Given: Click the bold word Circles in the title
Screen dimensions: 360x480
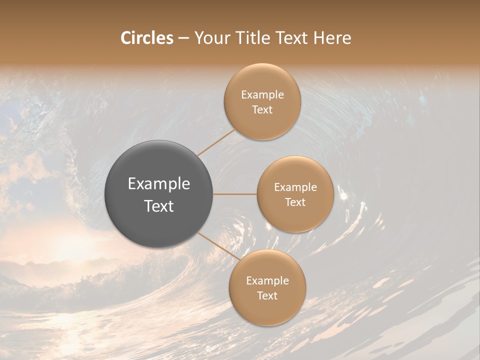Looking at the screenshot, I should pyautogui.click(x=147, y=38).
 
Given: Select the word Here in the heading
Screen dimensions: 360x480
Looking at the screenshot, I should pyautogui.click(x=332, y=38).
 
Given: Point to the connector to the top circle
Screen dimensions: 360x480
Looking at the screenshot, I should pyautogui.click(x=216, y=142).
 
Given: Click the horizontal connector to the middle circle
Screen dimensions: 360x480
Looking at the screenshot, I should pyautogui.click(x=235, y=194).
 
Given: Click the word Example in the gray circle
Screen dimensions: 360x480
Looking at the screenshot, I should pyautogui.click(x=159, y=184).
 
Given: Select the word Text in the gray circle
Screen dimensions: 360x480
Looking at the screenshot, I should pyautogui.click(x=159, y=206).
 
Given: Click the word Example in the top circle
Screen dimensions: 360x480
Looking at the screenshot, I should pyautogui.click(x=262, y=95).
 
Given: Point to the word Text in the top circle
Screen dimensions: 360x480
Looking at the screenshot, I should pyautogui.click(x=262, y=110).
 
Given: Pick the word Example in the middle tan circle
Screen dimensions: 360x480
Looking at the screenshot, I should pyautogui.click(x=295, y=187).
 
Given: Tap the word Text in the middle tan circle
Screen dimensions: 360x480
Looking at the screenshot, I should pyautogui.click(x=295, y=202).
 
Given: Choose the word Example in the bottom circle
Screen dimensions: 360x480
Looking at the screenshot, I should pyautogui.click(x=267, y=281).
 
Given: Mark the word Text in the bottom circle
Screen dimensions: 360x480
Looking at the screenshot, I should pyautogui.click(x=267, y=296).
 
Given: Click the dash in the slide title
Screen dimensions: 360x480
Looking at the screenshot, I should pyautogui.click(x=183, y=38).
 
